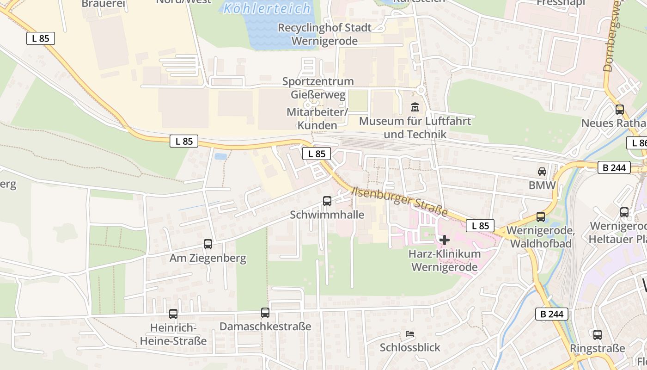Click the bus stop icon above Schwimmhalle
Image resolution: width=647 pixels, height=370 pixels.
pyautogui.click(x=327, y=201)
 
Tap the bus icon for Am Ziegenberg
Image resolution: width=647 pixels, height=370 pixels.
pyautogui.click(x=208, y=244)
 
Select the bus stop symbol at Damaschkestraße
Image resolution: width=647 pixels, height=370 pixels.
pyautogui.click(x=265, y=313)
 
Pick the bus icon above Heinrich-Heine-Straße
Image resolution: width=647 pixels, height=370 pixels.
pyautogui.click(x=173, y=314)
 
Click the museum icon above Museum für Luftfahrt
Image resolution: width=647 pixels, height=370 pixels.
pyautogui.click(x=415, y=107)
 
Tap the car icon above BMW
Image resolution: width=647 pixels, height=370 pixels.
pyautogui.click(x=542, y=172)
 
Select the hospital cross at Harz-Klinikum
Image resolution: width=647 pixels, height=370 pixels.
pyautogui.click(x=445, y=240)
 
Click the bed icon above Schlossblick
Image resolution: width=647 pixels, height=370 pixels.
pyautogui.click(x=410, y=334)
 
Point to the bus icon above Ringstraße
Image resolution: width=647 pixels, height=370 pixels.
pyautogui.click(x=598, y=335)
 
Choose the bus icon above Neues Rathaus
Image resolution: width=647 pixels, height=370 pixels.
pyautogui.click(x=620, y=110)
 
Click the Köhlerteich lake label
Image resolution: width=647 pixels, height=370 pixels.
pyautogui.click(x=267, y=8)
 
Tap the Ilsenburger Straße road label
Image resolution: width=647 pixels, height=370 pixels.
pyautogui.click(x=400, y=202)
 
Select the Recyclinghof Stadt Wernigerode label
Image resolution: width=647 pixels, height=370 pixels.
pyautogui.click(x=324, y=34)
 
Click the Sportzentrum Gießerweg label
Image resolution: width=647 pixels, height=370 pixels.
pyautogui.click(x=318, y=88)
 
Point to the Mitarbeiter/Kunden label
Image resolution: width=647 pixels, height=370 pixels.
pyautogui.click(x=317, y=118)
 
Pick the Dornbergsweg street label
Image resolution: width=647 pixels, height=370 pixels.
pyautogui.click(x=612, y=42)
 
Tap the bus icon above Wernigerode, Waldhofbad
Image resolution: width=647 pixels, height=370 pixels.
pyautogui.click(x=541, y=217)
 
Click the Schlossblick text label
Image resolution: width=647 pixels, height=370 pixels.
pyautogui.click(x=410, y=347)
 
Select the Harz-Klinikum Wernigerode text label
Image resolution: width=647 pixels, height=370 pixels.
pyautogui.click(x=444, y=260)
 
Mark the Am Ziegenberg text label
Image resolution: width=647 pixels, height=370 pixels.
pyautogui.click(x=208, y=258)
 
